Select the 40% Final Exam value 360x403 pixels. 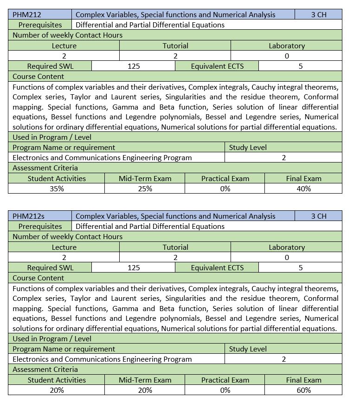[303, 188]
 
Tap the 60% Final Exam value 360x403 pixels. [303, 390]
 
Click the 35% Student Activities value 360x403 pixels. [57, 188]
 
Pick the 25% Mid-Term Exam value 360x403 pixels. [145, 188]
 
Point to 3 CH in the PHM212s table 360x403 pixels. [319, 216]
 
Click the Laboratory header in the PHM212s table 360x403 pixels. [287, 247]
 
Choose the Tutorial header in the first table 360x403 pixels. [175, 45]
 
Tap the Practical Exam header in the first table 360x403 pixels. [225, 178]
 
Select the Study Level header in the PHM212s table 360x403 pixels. [248, 349]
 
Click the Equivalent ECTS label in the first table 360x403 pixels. [217, 66]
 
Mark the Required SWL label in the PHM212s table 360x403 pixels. [50, 267]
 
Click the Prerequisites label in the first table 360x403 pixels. [40, 25]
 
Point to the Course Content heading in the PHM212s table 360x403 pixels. [39, 278]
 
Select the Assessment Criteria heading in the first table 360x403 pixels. [45, 168]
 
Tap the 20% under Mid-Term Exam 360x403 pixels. [145, 390]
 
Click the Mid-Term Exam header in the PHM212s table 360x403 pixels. [145, 380]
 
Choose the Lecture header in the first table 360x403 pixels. [64, 45]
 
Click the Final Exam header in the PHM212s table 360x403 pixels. [303, 380]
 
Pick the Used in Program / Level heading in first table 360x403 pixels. [52, 137]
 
